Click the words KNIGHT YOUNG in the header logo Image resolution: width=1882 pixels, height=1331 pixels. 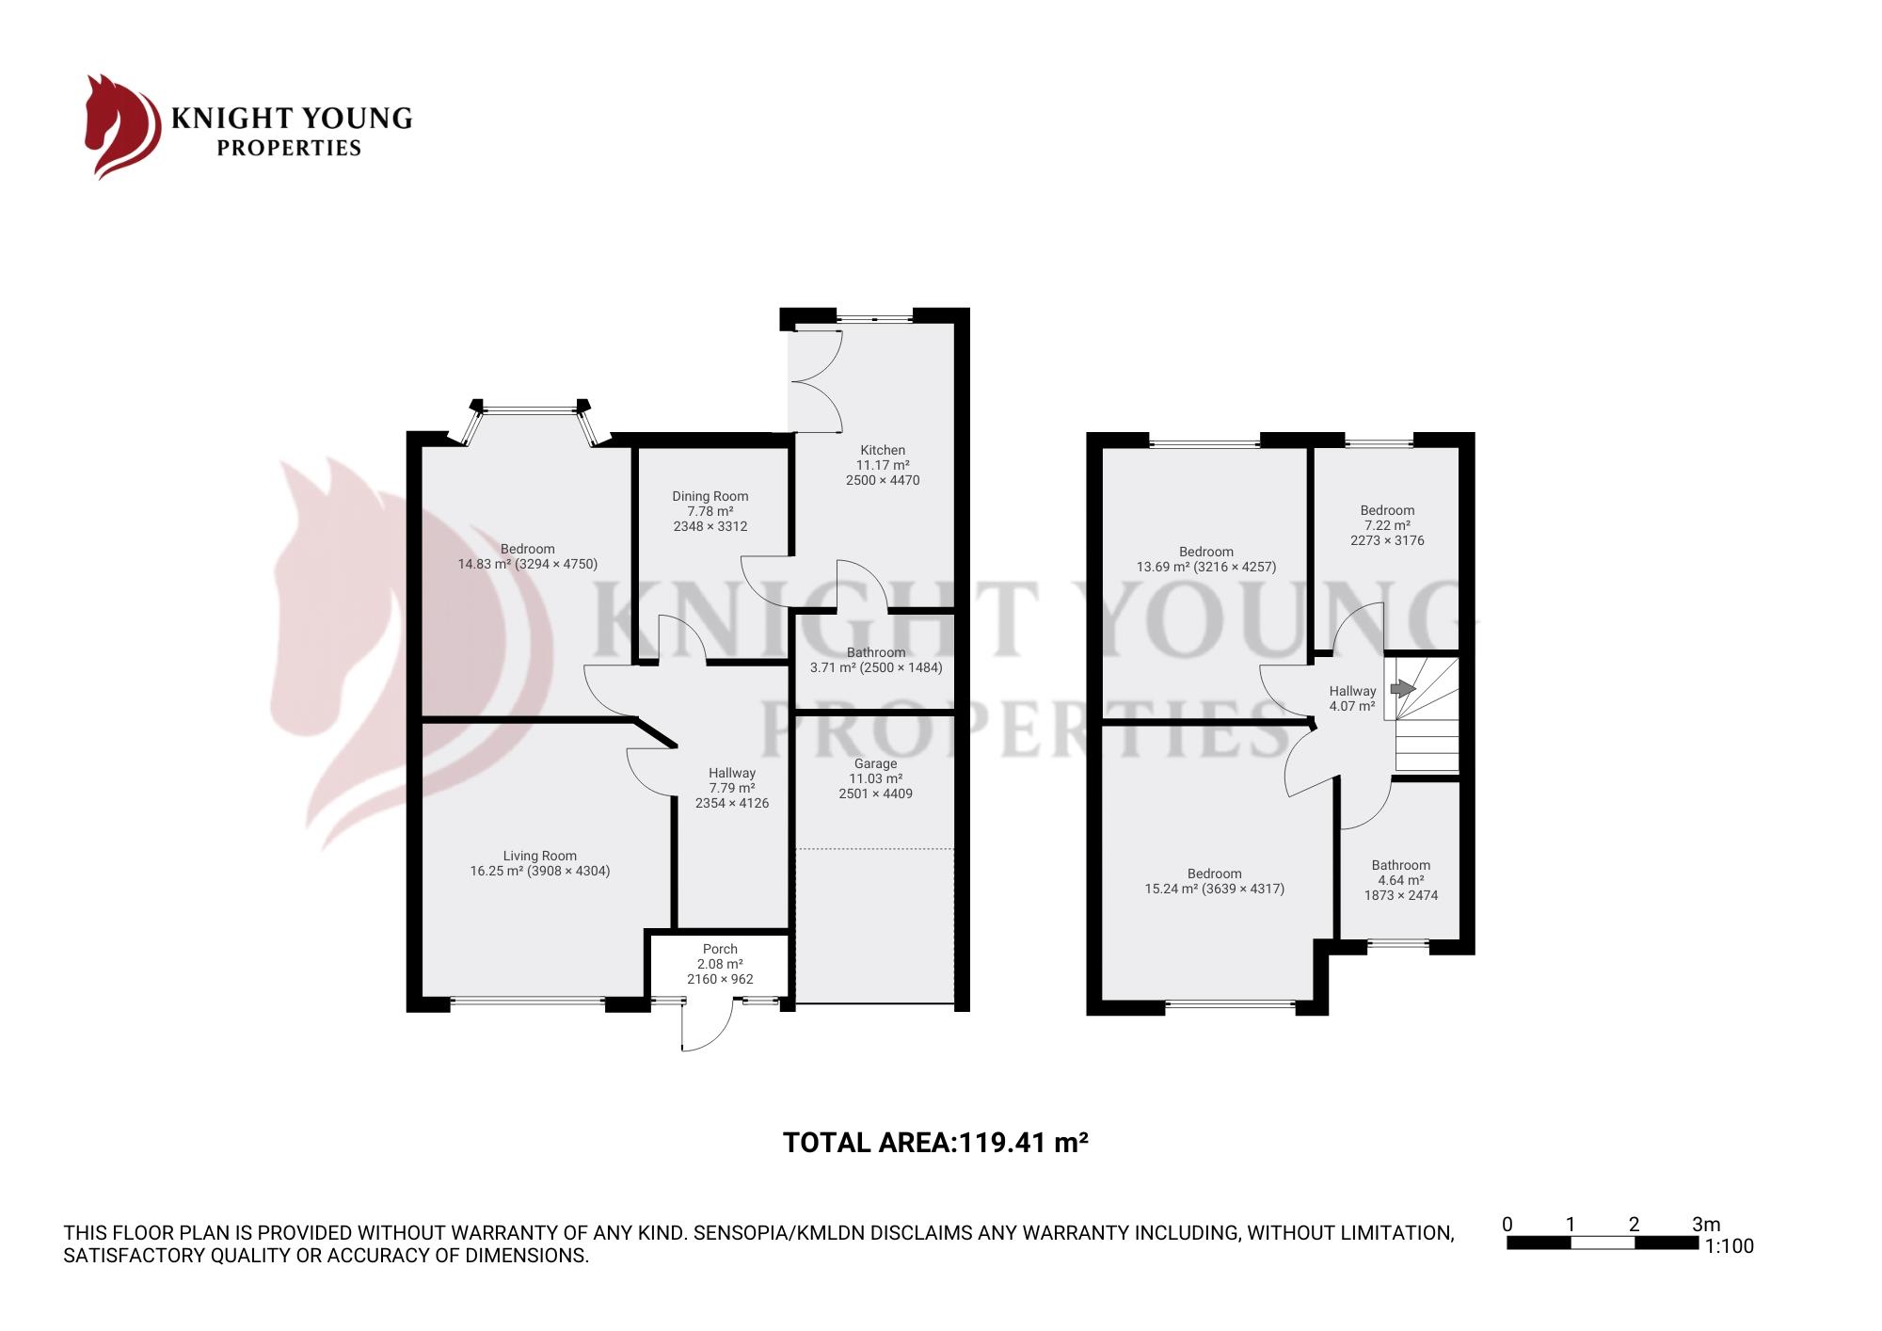click(292, 118)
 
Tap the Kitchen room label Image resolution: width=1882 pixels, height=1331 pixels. click(883, 450)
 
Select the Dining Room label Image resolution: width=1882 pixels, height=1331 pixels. click(710, 496)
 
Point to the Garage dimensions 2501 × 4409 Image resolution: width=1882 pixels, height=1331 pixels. click(876, 794)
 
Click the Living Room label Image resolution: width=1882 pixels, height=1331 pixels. click(540, 856)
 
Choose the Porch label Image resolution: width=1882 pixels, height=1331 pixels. click(720, 949)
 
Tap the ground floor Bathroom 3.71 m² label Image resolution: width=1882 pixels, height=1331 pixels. click(876, 660)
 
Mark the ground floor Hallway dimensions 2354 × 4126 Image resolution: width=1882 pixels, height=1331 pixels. click(732, 803)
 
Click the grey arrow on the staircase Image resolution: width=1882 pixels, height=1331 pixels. click(1403, 688)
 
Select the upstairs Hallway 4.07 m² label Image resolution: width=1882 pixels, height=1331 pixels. click(1352, 698)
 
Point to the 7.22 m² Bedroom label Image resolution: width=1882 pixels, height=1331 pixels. click(1387, 525)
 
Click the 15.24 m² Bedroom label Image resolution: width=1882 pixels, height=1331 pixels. click(1215, 881)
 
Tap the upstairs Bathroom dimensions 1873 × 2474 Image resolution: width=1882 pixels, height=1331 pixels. click(1401, 895)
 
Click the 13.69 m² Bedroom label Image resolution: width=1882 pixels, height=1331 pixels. click(1206, 559)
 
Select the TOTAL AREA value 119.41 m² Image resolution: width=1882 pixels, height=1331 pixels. click(1023, 1143)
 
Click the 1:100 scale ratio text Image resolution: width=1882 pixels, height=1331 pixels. click(1729, 1246)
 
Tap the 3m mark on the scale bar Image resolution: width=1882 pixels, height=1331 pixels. click(1706, 1225)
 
